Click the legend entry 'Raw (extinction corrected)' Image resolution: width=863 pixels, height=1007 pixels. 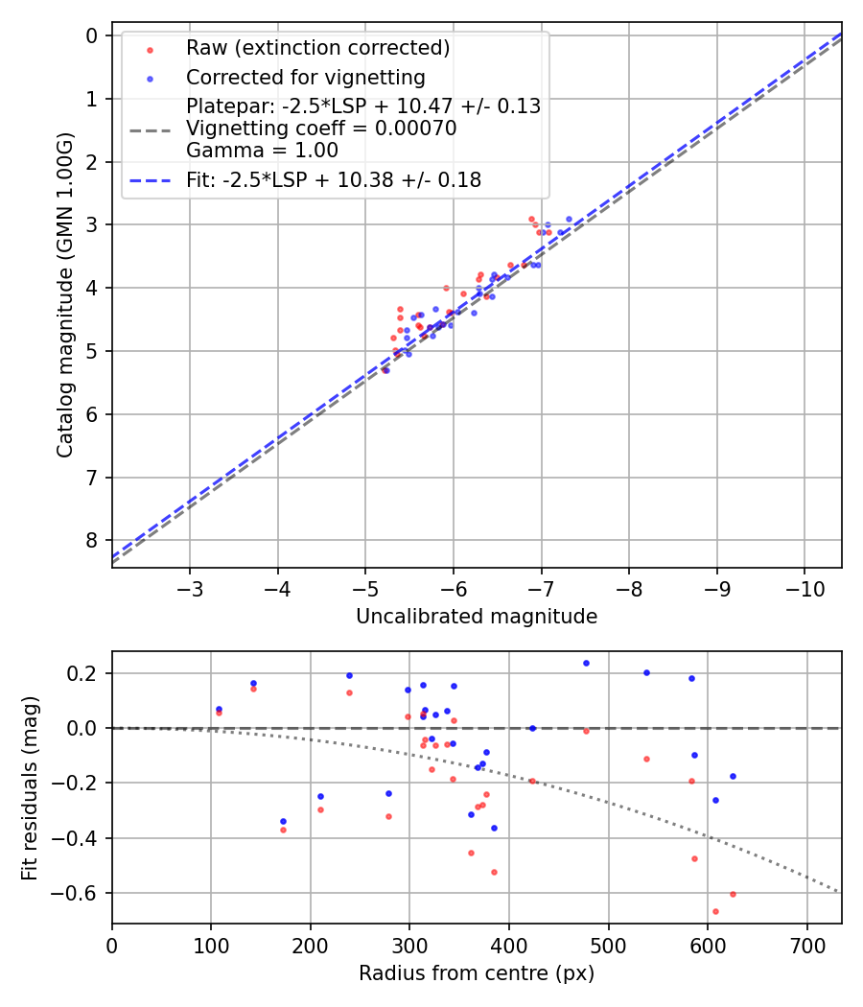tap(317, 48)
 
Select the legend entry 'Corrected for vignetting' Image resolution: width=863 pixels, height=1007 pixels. tap(305, 77)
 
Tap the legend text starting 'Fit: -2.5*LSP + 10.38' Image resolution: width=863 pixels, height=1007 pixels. tap(334, 179)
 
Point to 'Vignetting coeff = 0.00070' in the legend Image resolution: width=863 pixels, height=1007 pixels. tap(321, 129)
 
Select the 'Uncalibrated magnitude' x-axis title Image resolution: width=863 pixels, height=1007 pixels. tap(477, 617)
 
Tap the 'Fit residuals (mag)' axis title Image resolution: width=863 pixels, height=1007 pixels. tap(30, 787)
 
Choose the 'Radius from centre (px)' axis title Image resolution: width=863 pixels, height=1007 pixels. tap(477, 973)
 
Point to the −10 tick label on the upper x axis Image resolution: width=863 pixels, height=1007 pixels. tap(804, 584)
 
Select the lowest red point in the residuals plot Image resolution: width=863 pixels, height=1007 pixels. tap(715, 911)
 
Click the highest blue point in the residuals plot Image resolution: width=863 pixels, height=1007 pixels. tap(586, 663)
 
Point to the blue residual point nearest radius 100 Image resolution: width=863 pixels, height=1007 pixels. tap(219, 709)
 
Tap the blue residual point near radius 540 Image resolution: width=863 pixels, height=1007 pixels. tap(646, 672)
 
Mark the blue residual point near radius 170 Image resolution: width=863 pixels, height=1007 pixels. tap(283, 821)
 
